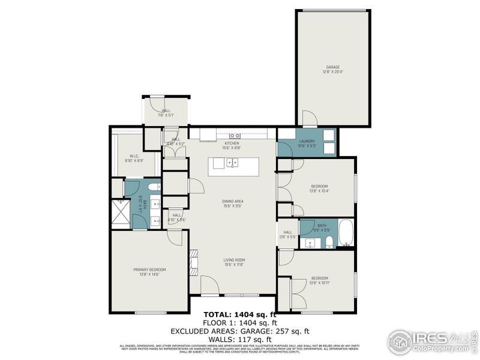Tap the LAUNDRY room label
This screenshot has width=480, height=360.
click(x=307, y=141)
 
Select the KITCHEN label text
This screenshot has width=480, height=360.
click(x=232, y=143)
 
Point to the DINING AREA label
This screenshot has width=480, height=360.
click(x=232, y=202)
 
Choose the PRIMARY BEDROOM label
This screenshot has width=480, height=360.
click(x=149, y=269)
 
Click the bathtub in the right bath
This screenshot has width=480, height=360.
click(x=346, y=234)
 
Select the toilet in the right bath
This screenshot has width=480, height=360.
click(x=329, y=242)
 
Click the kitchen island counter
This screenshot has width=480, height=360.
click(x=233, y=166)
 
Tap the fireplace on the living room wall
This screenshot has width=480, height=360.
click(x=193, y=261)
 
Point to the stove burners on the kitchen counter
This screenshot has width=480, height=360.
click(x=235, y=136)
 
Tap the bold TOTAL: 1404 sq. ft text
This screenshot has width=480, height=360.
click(x=240, y=314)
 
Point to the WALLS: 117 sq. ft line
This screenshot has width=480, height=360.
click(x=240, y=338)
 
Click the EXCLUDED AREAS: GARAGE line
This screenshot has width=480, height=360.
click(x=240, y=331)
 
